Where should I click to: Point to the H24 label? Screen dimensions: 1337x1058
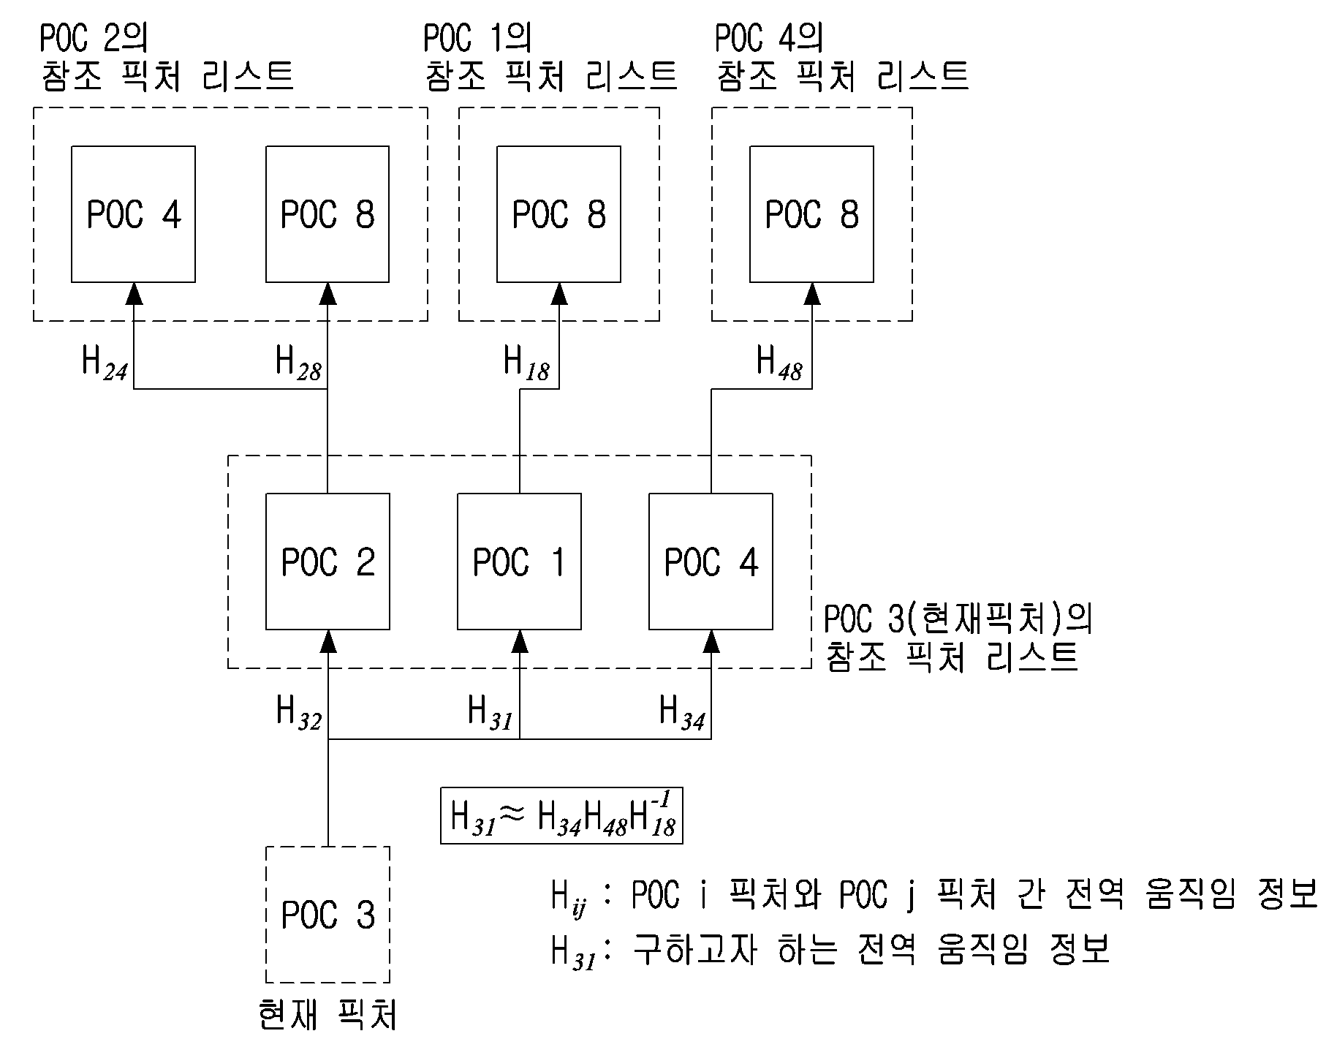(105, 363)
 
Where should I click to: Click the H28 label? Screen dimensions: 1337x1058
(298, 363)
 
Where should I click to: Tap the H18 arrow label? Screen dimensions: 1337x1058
(526, 363)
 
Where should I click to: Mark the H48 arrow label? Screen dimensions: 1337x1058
(779, 363)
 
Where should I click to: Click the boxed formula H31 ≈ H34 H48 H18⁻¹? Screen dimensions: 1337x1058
(561, 815)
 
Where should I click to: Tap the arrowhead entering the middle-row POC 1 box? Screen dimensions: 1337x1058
(519, 641)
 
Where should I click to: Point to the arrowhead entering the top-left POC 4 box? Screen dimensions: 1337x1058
(133, 294)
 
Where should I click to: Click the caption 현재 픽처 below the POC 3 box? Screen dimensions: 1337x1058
(327, 1016)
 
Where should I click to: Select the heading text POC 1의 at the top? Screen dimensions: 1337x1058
(477, 38)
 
